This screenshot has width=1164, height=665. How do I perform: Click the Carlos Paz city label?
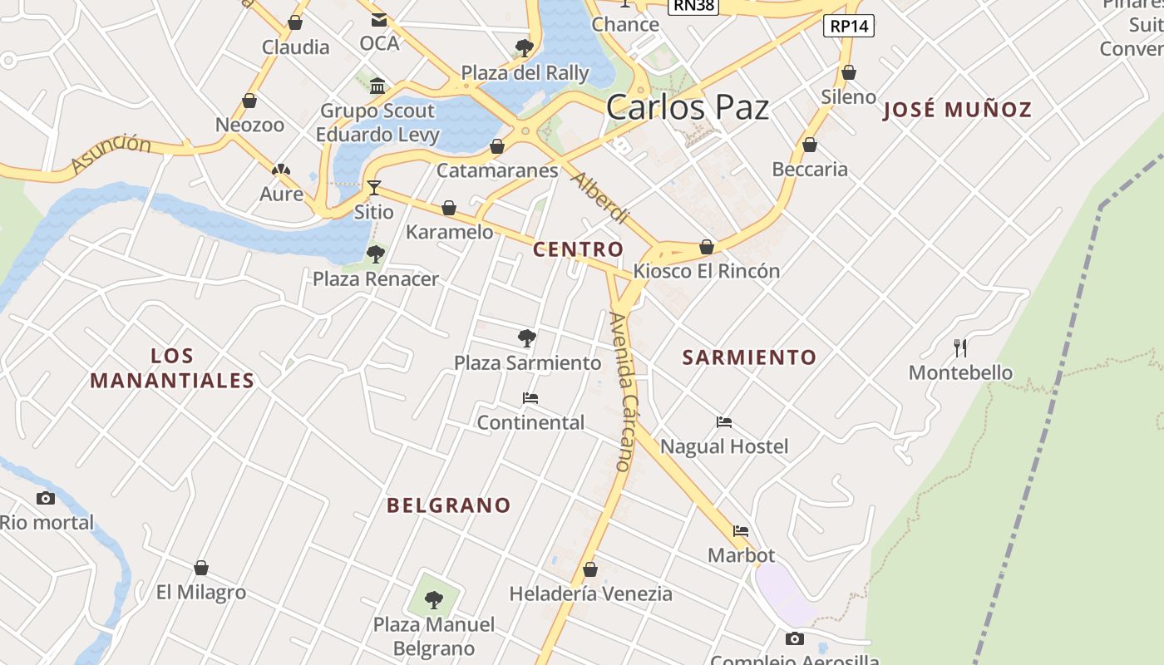[x=687, y=108]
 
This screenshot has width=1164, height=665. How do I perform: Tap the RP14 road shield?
[x=849, y=26]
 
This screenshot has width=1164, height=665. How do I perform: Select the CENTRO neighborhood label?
[x=578, y=249]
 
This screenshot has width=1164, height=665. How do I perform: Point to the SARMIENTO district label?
[x=749, y=357]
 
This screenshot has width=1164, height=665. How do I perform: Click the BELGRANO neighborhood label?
[x=448, y=505]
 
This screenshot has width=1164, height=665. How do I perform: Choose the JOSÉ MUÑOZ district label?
[x=957, y=109]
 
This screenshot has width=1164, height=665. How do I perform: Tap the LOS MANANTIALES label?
[x=172, y=368]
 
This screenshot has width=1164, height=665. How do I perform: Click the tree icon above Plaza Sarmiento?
[x=526, y=337]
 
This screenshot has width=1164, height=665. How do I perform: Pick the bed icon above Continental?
[x=530, y=398]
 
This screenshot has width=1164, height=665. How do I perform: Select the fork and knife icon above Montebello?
[x=960, y=347]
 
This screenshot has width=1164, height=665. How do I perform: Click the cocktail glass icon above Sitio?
[x=374, y=188]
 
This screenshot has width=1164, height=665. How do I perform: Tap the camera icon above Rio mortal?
[x=46, y=498]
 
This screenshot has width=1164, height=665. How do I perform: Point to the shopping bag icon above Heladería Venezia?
[x=590, y=569]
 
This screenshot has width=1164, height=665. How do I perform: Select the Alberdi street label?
[x=599, y=198]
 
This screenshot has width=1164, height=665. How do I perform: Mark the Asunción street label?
[x=111, y=154]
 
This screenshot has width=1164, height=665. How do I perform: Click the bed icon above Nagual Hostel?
[x=724, y=422]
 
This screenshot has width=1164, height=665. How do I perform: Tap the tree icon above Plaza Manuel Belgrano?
[x=433, y=598]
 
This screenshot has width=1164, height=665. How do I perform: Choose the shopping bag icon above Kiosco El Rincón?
[x=707, y=247]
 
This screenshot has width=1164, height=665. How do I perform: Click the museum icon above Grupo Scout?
[x=377, y=86]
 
